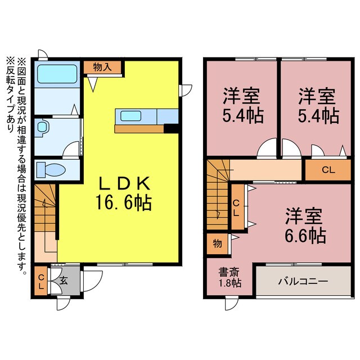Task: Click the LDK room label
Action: [x=125, y=183]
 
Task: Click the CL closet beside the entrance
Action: [x=41, y=281]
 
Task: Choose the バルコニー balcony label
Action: [x=304, y=280]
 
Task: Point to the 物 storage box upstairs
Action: [x=217, y=244]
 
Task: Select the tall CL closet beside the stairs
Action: [x=237, y=208]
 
